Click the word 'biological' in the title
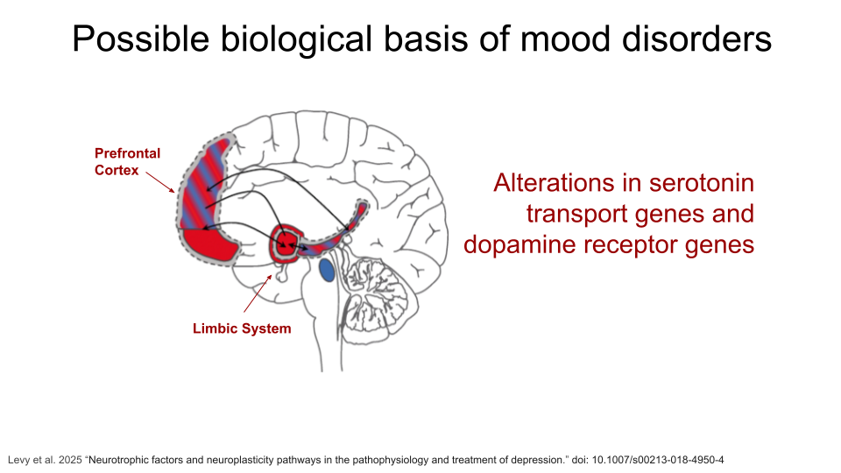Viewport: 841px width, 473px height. click(x=297, y=39)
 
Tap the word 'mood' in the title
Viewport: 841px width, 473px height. click(x=566, y=39)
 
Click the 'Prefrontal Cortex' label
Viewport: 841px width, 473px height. click(x=127, y=161)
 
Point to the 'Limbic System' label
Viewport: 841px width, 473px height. click(x=242, y=328)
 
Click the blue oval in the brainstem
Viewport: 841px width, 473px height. click(x=327, y=270)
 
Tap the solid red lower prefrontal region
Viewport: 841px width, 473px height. click(x=209, y=245)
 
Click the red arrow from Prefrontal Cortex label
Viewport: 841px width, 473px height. click(x=160, y=182)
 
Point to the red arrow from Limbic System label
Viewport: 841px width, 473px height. click(x=258, y=293)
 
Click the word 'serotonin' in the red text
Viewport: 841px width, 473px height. click(x=701, y=183)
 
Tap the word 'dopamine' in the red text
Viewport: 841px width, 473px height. click(x=519, y=244)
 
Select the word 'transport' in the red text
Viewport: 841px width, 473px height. click(x=576, y=214)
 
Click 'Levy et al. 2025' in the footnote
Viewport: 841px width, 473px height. click(x=45, y=460)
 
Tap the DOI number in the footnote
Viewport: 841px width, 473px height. click(x=658, y=460)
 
